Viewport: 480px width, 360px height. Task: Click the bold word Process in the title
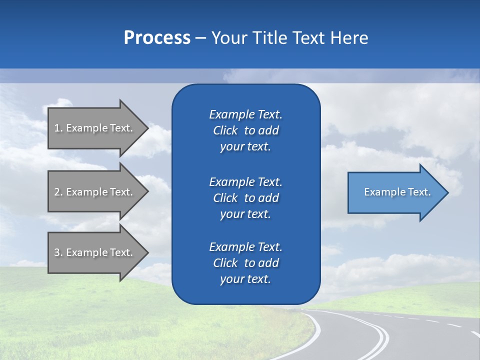point(157,38)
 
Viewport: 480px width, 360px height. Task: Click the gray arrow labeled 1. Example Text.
point(95,128)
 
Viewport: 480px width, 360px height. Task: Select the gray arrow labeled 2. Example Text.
point(95,192)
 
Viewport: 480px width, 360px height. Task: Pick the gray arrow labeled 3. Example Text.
point(95,252)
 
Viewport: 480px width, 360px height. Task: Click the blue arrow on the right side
point(395,192)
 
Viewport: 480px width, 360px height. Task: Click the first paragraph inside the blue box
point(245,130)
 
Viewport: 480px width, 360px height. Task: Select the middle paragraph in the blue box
point(245,198)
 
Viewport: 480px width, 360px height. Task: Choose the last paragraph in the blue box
point(245,263)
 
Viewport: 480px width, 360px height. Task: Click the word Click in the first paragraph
point(225,130)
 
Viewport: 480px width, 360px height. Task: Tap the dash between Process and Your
point(200,38)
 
